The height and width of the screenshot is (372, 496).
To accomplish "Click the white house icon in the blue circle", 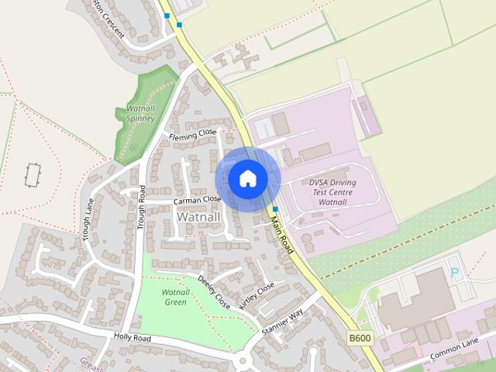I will point(247,179).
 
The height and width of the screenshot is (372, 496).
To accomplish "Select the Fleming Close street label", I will point(192,134).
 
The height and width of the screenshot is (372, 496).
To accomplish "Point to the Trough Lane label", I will point(88,219).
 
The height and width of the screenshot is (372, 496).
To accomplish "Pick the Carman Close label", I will point(197,200).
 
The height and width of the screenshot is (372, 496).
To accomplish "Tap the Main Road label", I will point(282,233).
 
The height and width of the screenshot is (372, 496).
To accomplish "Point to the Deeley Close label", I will point(214,291).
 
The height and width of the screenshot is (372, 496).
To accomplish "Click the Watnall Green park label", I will point(175,297).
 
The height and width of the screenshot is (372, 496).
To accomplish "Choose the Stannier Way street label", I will point(281,319).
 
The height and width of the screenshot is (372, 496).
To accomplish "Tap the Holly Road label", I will point(132,337).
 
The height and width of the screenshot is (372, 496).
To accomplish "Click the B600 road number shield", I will point(359,339).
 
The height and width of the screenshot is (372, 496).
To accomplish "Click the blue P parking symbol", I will point(455,272).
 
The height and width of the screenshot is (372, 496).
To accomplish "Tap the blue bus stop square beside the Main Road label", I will point(274,209).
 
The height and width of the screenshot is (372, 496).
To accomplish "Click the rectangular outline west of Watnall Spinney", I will point(32,175).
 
